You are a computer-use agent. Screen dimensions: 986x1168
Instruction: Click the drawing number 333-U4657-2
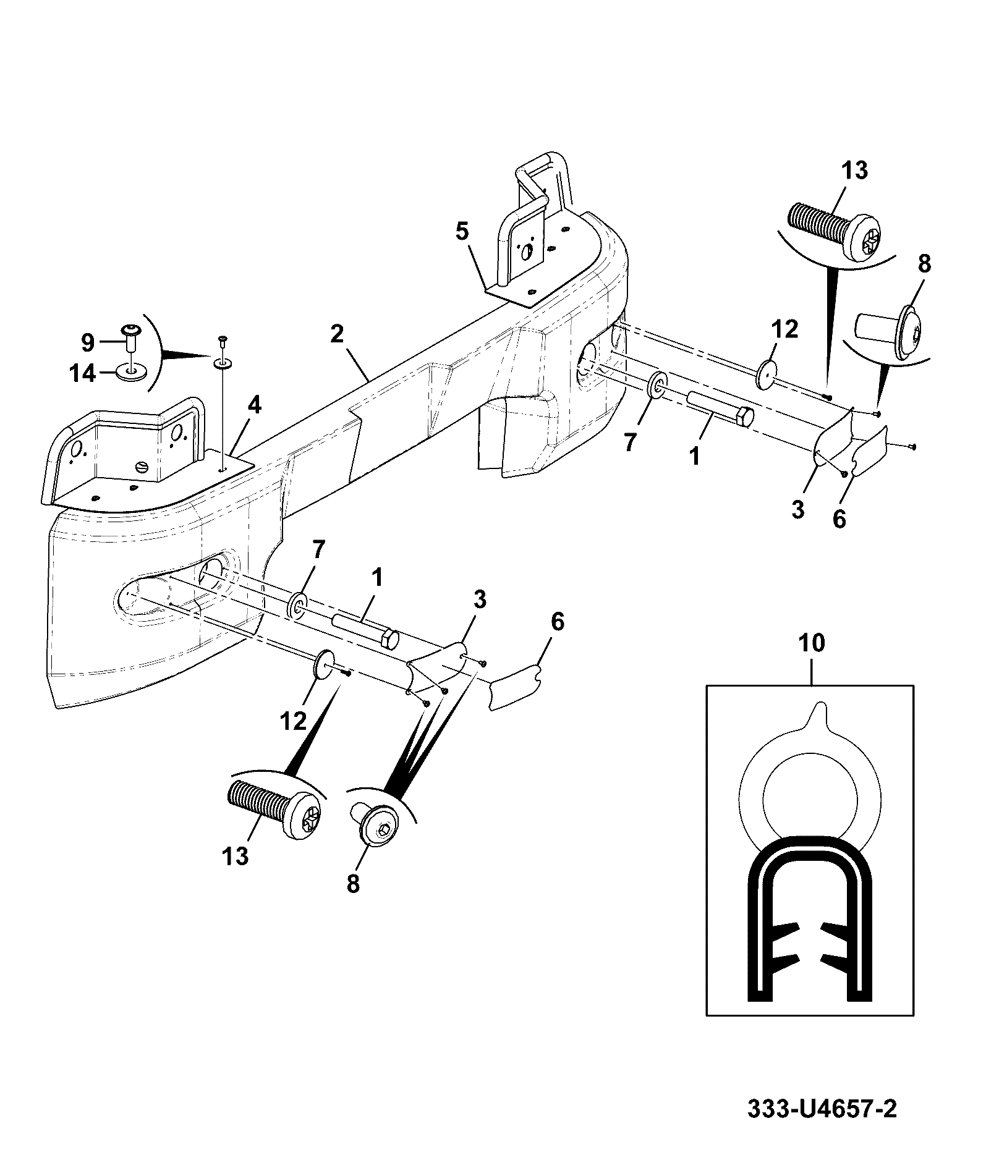pos(822,1109)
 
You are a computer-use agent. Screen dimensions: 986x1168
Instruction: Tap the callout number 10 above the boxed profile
pos(812,643)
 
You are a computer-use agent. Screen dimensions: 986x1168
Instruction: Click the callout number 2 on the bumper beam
pos(336,334)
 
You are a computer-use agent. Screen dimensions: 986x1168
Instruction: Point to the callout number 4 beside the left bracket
pos(254,406)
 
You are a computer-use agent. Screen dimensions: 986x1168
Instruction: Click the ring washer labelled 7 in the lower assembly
pos(297,604)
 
